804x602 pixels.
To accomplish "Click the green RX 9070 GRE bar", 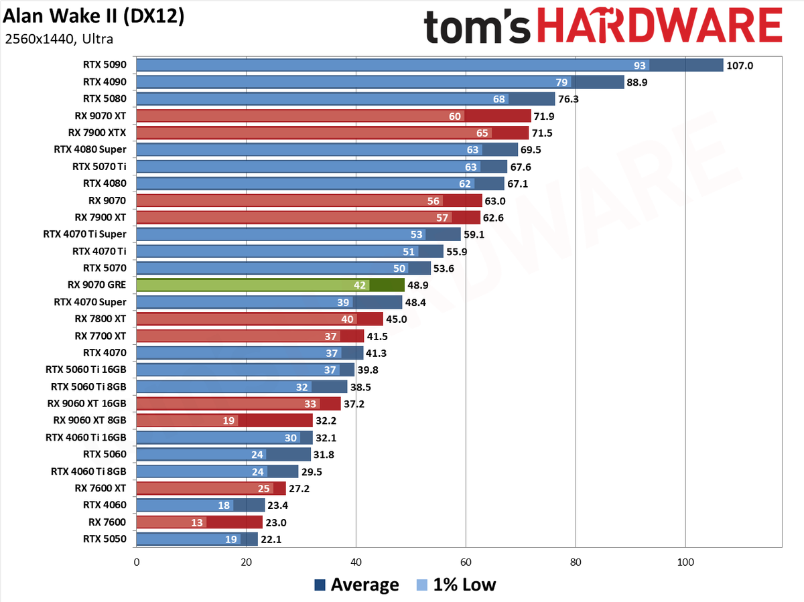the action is (270, 285).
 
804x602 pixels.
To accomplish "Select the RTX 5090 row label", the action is (105, 65).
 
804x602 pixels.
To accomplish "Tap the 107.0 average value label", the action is (740, 66).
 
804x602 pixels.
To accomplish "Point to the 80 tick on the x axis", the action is (576, 562).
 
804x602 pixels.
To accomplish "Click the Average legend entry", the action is (356, 585).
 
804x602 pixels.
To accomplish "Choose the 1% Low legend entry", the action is (456, 585).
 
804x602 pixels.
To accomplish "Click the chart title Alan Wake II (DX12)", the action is (93, 16).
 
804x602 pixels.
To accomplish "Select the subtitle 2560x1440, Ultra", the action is (59, 39).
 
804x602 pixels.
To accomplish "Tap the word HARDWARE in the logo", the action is (660, 25).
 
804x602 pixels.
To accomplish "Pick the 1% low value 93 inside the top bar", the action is (640, 66).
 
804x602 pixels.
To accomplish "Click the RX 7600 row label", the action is (107, 522).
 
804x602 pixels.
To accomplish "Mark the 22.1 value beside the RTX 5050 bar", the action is (271, 540).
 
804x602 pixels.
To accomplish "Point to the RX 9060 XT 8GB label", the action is (89, 420).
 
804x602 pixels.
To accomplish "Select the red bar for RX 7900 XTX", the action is (332, 133).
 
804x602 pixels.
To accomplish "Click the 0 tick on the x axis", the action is (137, 562).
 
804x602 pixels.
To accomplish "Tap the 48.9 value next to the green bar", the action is (418, 285).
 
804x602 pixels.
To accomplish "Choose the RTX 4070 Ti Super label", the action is (84, 234).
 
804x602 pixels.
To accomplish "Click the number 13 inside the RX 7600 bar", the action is (197, 522).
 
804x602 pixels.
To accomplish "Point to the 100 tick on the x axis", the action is (685, 562).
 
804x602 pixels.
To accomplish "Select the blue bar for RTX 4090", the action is (380, 82).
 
